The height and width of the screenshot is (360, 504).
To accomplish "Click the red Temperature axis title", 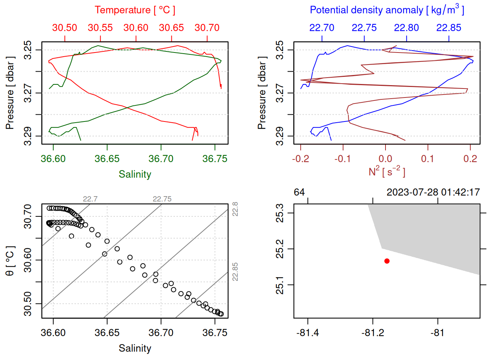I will tap(135, 10).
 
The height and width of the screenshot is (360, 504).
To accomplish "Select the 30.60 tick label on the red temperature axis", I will tap(136, 28).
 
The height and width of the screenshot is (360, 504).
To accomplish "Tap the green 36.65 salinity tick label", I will tap(107, 159).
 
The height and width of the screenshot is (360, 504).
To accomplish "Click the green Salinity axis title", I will tap(135, 174).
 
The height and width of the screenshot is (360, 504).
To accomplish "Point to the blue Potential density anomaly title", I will tap(387, 10).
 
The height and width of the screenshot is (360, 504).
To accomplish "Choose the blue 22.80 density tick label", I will tap(406, 28).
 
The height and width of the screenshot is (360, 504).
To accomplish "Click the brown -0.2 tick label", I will tap(300, 159).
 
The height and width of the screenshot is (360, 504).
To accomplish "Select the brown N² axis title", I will tap(387, 172).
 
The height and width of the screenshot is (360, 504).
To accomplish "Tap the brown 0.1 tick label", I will tap(427, 159).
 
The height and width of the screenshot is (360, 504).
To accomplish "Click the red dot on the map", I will tap(387, 261).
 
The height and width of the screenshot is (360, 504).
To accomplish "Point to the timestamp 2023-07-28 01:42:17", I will tap(433, 192).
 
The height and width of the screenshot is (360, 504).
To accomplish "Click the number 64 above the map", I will tap(299, 192).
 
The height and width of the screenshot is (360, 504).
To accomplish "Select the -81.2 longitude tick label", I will tap(373, 333).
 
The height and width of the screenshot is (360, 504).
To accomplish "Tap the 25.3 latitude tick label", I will tap(280, 213).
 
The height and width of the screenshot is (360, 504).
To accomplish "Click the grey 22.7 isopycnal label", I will tap(90, 199).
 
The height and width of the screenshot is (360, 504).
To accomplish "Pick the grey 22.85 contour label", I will tap(235, 271).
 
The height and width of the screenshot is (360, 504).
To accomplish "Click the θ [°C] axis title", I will tap(10, 261).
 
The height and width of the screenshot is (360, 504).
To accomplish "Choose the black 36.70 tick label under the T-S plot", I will tap(161, 333).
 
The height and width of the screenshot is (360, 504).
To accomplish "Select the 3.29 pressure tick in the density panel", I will tap(280, 136).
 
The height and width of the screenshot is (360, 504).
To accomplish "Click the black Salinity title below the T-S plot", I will tap(135, 348).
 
